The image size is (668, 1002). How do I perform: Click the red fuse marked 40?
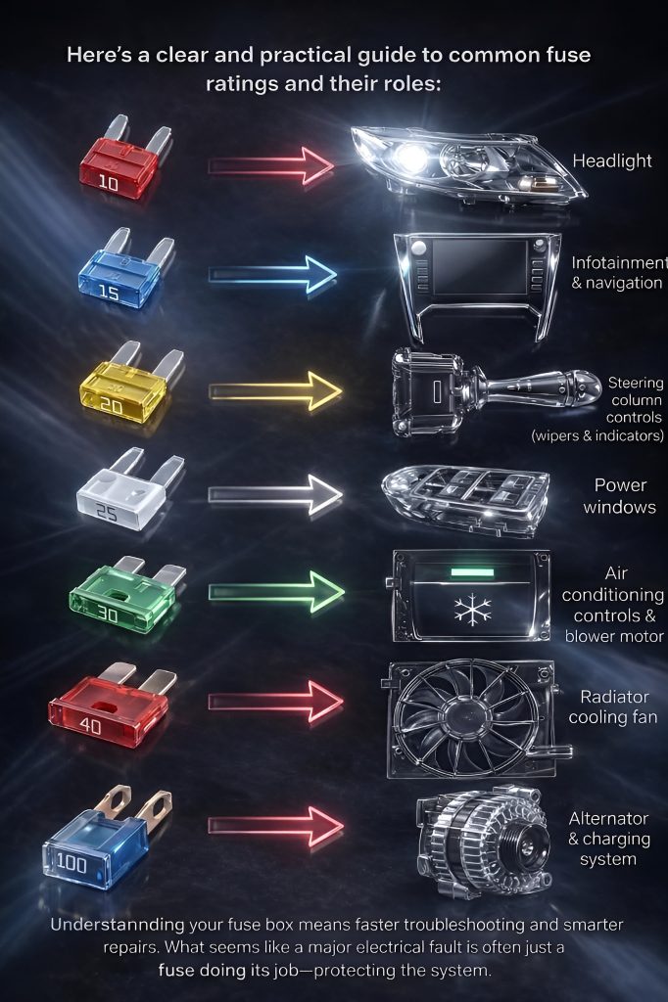pyautogui.click(x=112, y=707)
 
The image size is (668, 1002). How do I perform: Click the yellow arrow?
pyautogui.click(x=275, y=390)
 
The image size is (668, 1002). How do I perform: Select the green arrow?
pyautogui.click(x=276, y=592)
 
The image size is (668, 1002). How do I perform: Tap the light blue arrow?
pyautogui.click(x=272, y=275)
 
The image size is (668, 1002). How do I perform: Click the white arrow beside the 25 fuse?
pyautogui.click(x=275, y=494)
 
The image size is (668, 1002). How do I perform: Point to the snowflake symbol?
pyautogui.click(x=473, y=610)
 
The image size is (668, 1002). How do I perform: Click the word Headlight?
pyautogui.click(x=612, y=161)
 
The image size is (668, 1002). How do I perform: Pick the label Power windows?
pyautogui.click(x=619, y=496)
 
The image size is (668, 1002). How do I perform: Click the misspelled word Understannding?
pyautogui.click(x=118, y=925)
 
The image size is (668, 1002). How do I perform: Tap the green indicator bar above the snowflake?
pyautogui.click(x=472, y=571)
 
